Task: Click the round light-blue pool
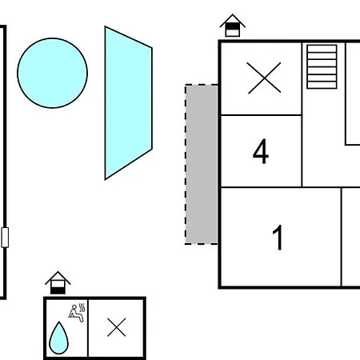tap(52, 73)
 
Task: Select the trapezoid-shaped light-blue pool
tap(128, 103)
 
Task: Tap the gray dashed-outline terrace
tap(202, 164)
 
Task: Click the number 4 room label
tap(261, 151)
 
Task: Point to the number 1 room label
tap(278, 238)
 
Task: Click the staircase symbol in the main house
tap(322, 66)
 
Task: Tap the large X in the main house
tap(264, 78)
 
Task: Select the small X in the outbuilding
tap(117, 327)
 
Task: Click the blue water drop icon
tap(59, 338)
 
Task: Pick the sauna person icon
tap(77, 313)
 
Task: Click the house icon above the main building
tap(233, 26)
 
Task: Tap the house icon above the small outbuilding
tap(58, 282)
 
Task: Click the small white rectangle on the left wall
tap(5, 238)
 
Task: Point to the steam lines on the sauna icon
tap(82, 307)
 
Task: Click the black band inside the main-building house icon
tap(233, 26)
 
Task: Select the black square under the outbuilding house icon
tap(58, 290)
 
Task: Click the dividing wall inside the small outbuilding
tap(88, 328)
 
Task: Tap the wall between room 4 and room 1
tap(262, 187)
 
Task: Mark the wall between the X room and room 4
tap(262, 115)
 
